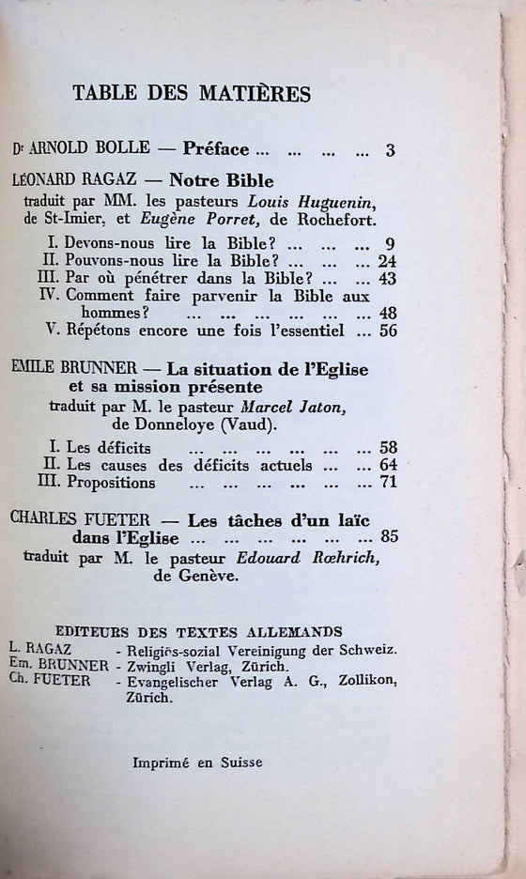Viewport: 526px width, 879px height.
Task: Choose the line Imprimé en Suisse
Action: (x=197, y=763)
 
